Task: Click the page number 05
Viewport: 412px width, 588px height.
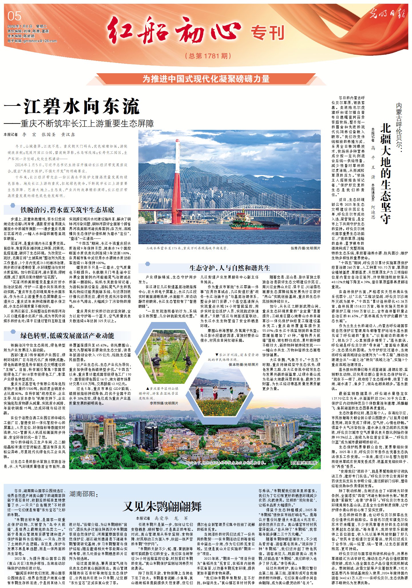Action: [x=14, y=16]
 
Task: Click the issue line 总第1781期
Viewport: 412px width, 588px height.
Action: [x=208, y=56]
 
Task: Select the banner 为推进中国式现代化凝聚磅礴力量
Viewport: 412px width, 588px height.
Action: [x=206, y=79]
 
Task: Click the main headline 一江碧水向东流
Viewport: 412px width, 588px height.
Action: [x=71, y=106]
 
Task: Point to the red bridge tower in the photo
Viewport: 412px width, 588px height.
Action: [x=176, y=183]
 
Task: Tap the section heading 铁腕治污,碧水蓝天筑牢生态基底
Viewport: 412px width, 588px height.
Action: [x=67, y=210]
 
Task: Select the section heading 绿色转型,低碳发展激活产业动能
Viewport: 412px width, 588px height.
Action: [x=67, y=336]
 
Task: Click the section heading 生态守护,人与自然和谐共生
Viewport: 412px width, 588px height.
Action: [x=229, y=268]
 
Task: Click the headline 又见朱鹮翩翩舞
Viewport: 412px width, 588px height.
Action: [x=162, y=506]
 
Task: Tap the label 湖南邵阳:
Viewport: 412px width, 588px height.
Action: [x=83, y=494]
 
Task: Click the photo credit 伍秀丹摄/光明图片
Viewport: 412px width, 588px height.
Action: [x=305, y=248]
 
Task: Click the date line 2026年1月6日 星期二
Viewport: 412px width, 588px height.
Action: [x=25, y=26]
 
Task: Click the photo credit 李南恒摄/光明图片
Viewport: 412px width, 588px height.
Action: [x=164, y=403]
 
